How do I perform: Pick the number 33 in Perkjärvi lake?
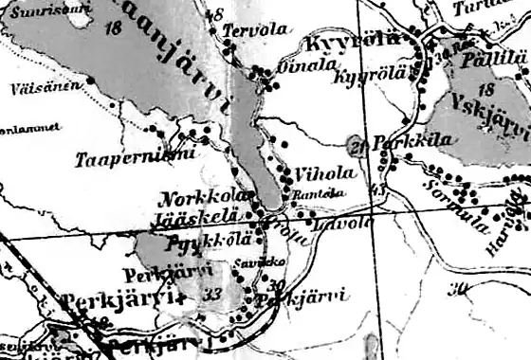point(211,295)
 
